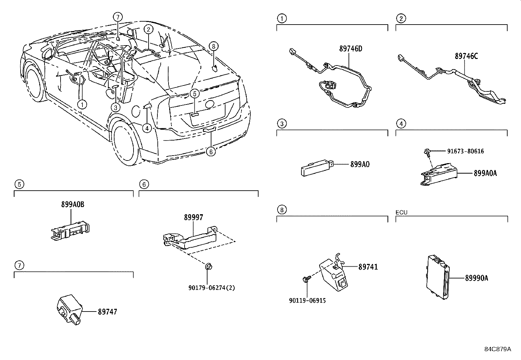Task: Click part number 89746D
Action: pyautogui.click(x=351, y=49)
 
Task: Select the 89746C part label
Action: pyautogui.click(x=466, y=56)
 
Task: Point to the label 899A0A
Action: pyautogui.click(x=485, y=173)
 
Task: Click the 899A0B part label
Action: pyautogui.click(x=72, y=204)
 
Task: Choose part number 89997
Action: pyautogui.click(x=193, y=217)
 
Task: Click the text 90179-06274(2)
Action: pyautogui.click(x=212, y=288)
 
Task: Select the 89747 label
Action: pyautogui.click(x=107, y=312)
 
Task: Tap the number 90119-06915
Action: pyautogui.click(x=307, y=300)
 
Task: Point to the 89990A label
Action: pyautogui.click(x=476, y=278)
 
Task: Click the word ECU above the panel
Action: pyautogui.click(x=402, y=212)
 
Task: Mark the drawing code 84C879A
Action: pyautogui.click(x=497, y=349)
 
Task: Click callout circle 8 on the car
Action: pyautogui.click(x=214, y=46)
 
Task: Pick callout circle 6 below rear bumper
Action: pyautogui.click(x=211, y=151)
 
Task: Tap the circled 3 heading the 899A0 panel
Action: pyautogui.click(x=282, y=124)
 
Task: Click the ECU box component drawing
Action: pyautogui.click(x=438, y=277)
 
